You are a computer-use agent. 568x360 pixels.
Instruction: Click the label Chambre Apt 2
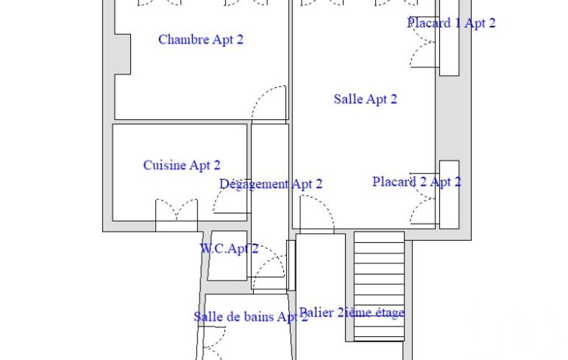201,39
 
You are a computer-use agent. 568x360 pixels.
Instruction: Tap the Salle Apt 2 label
365,99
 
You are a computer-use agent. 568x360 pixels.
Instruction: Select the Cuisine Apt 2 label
182,165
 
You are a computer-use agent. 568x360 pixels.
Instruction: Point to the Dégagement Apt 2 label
270,184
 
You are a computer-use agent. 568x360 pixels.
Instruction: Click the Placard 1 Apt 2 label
451,23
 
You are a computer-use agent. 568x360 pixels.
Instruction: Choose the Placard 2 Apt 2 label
417,182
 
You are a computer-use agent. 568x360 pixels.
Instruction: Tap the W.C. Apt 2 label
229,249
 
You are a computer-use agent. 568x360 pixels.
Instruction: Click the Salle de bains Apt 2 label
250,317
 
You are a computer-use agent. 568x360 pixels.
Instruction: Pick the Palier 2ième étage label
351,312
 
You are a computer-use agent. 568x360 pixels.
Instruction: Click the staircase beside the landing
379,286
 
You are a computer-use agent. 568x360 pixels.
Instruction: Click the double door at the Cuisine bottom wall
176,210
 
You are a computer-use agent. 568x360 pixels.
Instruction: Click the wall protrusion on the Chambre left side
122,54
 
